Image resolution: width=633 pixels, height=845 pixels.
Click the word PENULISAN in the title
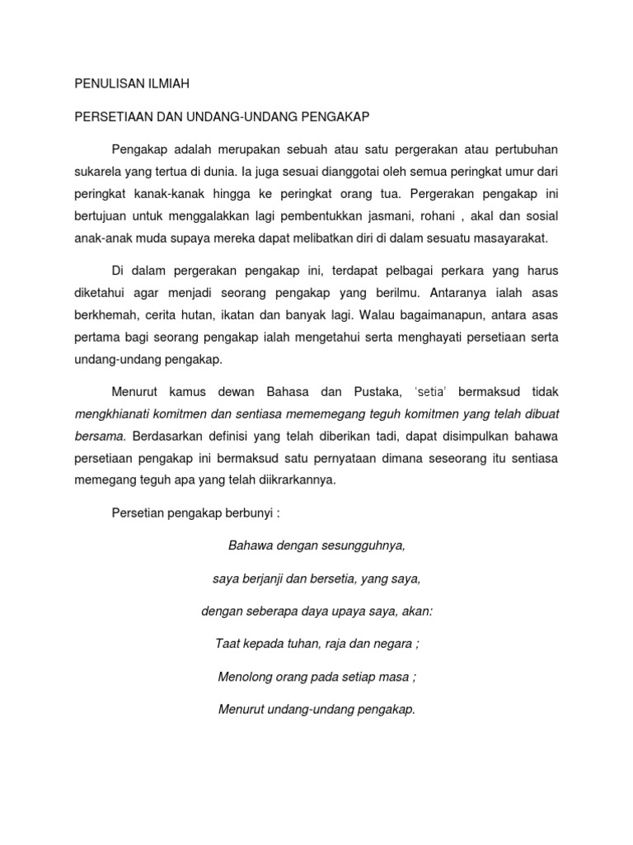(x=109, y=83)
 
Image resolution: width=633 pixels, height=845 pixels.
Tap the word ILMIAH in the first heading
(x=171, y=83)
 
